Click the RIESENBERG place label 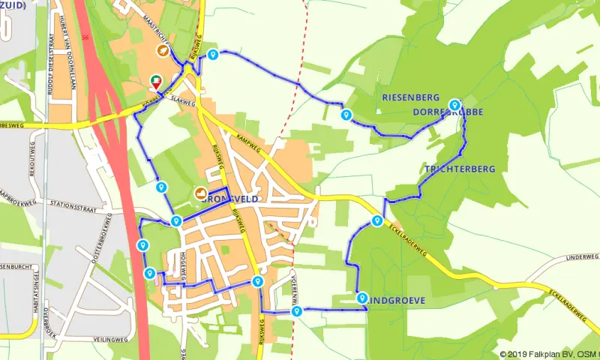410,97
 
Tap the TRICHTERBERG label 460,169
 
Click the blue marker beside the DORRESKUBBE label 454,105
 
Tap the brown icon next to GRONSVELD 200,193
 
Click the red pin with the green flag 156,79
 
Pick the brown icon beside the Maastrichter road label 162,50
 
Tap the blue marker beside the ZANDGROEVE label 362,297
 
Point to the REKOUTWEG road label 32,157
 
